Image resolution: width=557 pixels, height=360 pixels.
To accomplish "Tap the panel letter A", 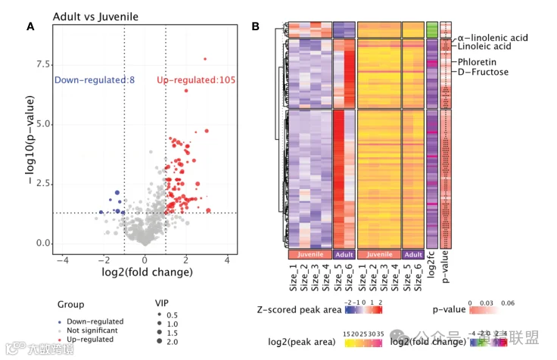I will (30, 26).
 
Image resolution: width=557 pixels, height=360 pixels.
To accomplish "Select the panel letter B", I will (256, 26).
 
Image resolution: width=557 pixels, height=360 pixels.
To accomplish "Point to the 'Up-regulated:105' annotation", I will (193, 80).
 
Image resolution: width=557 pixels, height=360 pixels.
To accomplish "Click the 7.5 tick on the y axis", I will (41, 64).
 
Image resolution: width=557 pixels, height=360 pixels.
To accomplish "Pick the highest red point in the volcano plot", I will (204, 58).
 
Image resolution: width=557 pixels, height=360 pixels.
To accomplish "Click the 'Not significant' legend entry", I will (92, 331).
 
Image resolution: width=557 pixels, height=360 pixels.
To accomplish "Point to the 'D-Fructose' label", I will (483, 72).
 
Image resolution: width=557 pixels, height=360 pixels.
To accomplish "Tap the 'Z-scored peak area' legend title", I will (298, 310).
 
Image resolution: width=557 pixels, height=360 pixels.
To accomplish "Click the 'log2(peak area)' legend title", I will (302, 342).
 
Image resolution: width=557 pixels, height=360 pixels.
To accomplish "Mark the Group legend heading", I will (70, 306).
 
